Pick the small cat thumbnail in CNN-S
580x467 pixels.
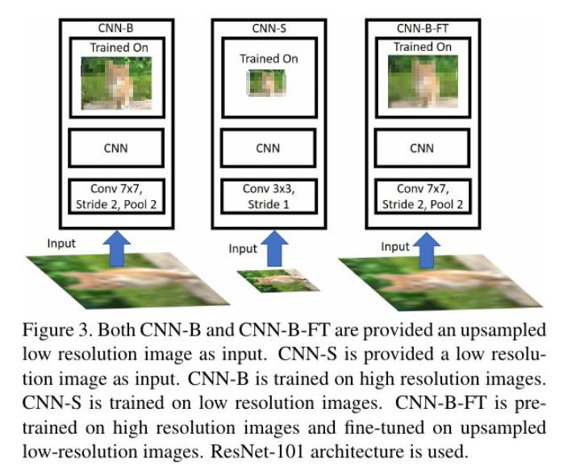pyautogui.click(x=267, y=83)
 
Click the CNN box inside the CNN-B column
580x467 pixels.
pyautogui.click(x=116, y=148)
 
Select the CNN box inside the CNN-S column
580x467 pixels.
pyautogui.click(x=269, y=148)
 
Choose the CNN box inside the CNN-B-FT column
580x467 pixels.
pyautogui.click(x=422, y=148)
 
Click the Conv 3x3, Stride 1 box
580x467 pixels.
pyautogui.click(x=269, y=196)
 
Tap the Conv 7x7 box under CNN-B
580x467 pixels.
pyautogui.click(x=116, y=196)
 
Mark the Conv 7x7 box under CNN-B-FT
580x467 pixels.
pyautogui.click(x=422, y=196)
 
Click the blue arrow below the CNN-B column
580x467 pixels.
pyautogui.click(x=119, y=246)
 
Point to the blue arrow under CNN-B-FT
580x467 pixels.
pyautogui.click(x=427, y=246)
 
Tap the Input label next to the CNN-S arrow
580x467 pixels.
pyautogui.click(x=242, y=249)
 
